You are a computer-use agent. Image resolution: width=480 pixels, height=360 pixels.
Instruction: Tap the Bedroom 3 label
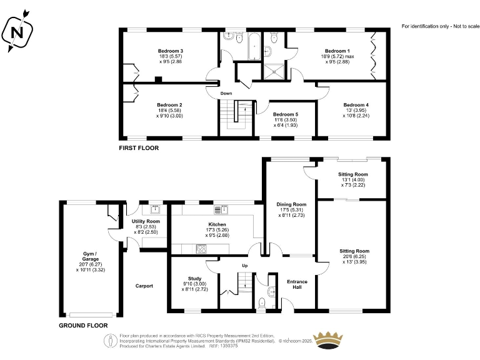tap(170, 51)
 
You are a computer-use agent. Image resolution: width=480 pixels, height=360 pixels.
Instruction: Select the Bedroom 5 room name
tap(285, 114)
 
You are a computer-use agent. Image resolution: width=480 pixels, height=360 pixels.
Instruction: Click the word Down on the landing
tap(226, 94)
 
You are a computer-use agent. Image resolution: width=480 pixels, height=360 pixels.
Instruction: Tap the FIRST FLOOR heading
tap(139, 149)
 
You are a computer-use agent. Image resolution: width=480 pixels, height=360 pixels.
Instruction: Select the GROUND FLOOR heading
tap(83, 326)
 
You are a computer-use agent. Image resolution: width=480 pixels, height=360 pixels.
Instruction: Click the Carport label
tap(145, 286)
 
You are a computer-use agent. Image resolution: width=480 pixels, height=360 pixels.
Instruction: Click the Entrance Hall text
tap(297, 285)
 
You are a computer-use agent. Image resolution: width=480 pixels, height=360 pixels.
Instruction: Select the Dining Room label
tap(291, 204)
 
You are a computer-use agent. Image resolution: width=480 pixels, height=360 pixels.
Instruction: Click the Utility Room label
tap(145, 221)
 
